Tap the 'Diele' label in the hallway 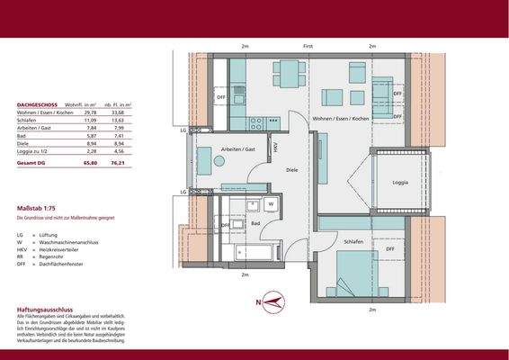(291, 168)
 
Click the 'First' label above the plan (307, 45)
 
